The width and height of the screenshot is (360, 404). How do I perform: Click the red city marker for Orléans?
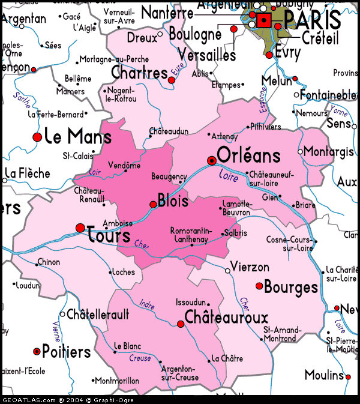(x=211, y=160)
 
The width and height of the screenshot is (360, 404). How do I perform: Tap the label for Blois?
(x=173, y=200)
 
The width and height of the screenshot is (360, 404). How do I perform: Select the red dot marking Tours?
(x=80, y=228)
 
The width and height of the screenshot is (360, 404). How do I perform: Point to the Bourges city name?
(x=291, y=287)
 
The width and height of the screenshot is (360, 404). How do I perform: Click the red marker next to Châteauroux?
(x=181, y=324)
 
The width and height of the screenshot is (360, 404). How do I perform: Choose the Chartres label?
(x=139, y=73)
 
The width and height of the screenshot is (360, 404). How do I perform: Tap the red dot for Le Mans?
(x=37, y=137)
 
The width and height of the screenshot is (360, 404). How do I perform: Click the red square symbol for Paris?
(x=264, y=21)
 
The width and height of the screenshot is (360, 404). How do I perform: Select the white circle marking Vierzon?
(x=227, y=271)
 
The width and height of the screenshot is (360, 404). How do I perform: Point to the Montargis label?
(x=329, y=151)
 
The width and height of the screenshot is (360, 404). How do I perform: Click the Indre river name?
(x=147, y=304)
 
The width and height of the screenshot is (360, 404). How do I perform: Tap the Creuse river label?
(x=139, y=358)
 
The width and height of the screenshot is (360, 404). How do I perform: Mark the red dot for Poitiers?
(x=37, y=351)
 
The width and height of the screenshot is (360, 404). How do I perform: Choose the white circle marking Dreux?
(x=160, y=35)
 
